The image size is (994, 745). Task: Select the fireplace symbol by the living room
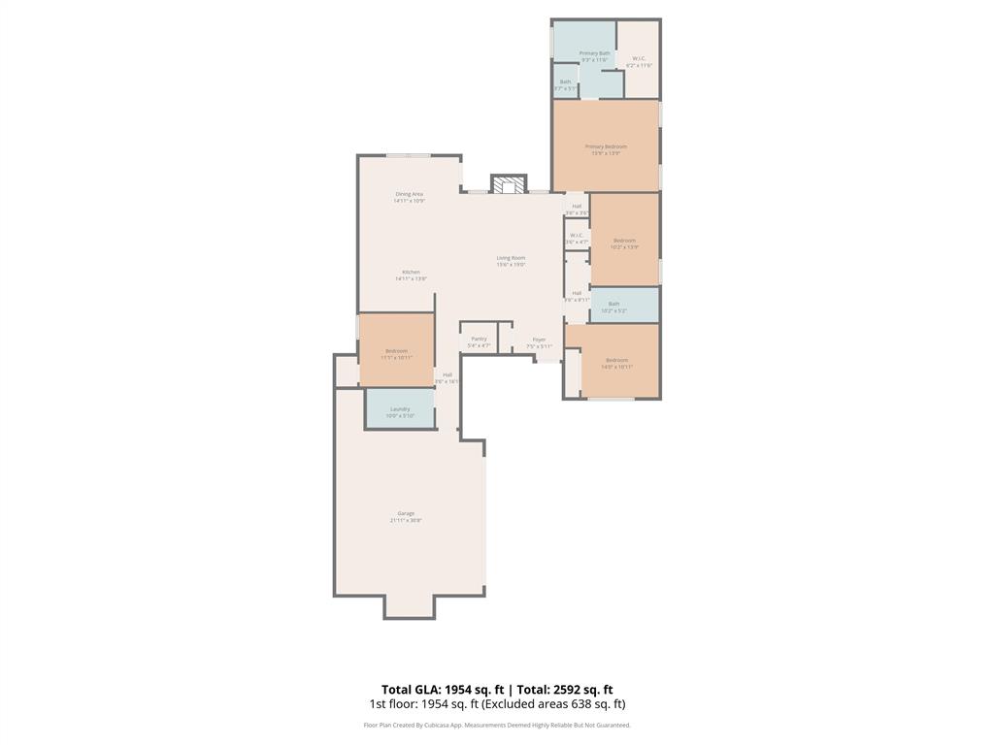508,184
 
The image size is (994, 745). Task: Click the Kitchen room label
411,275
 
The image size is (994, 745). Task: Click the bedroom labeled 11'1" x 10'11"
396,353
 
